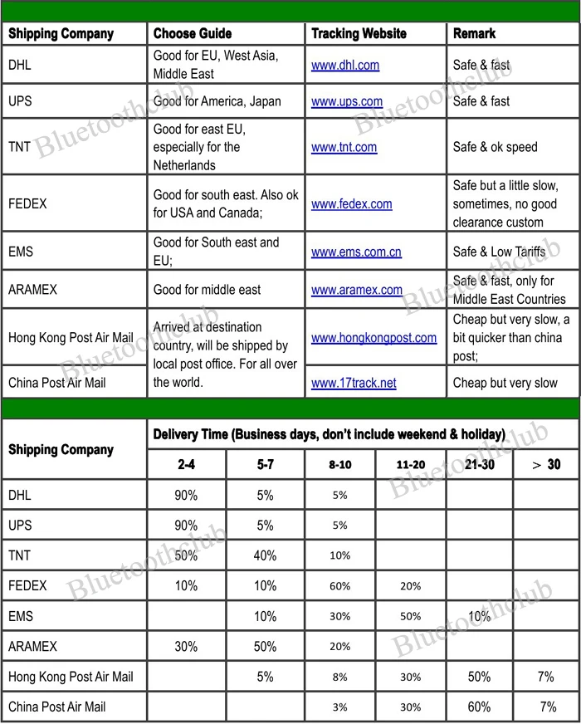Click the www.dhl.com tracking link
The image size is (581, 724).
[345, 65]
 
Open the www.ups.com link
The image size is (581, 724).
[347, 102]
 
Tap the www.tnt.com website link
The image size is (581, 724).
[344, 147]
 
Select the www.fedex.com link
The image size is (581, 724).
[352, 203]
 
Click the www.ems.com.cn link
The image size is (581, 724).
[357, 251]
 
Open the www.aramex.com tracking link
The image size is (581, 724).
[357, 290]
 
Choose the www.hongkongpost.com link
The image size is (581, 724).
[373, 338]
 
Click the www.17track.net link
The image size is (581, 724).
[354, 383]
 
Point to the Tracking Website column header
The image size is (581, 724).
[359, 34]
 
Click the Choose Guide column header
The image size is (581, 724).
[193, 34]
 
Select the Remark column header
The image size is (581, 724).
[474, 34]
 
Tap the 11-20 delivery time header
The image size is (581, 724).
[410, 465]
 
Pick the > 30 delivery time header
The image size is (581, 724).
[545, 465]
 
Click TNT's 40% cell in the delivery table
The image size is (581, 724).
[266, 555]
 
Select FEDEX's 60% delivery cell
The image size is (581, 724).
[340, 586]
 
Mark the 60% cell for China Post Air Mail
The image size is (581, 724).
[479, 707]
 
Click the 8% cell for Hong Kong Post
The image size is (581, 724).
[340, 677]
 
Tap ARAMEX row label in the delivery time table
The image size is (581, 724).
[32, 646]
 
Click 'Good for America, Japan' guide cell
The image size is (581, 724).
[217, 102]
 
